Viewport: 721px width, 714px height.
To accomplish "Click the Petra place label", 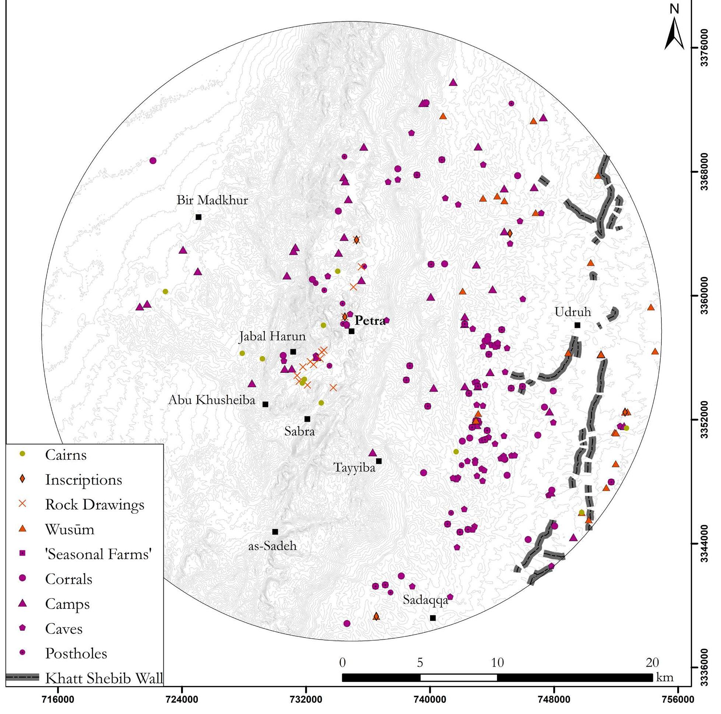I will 370,321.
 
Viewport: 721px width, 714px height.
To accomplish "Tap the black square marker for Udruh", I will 577,325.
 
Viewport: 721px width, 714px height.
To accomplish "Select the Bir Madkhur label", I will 212,200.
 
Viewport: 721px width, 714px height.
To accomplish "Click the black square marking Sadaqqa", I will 433,618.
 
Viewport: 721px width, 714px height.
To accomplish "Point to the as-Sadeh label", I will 273,546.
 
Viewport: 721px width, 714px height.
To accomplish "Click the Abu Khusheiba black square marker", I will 265,404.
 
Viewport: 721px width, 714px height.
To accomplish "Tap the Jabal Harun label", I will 272,336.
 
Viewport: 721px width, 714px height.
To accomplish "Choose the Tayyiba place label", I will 354,467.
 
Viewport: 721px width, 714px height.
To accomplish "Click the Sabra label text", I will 299,432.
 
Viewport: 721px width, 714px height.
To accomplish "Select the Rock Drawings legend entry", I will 95,504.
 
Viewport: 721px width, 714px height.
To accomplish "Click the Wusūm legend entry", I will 70,529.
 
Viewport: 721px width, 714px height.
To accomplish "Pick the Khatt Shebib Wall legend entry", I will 104,678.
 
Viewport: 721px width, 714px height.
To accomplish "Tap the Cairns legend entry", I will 66,455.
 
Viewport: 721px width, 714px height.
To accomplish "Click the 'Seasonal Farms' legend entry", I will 99,554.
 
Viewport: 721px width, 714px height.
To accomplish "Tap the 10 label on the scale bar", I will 497,663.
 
